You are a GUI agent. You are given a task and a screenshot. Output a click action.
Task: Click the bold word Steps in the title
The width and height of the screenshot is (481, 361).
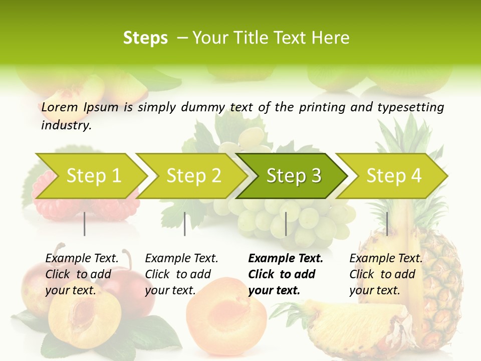click(x=145, y=38)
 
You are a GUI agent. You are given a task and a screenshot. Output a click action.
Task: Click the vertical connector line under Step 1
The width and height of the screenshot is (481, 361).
click(x=85, y=224)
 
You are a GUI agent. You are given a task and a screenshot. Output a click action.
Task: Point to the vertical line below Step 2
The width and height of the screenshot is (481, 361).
click(x=185, y=224)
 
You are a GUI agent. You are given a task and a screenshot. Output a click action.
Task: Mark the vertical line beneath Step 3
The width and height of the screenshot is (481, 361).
click(x=286, y=224)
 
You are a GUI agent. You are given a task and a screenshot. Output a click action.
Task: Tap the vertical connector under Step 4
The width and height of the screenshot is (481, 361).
click(x=387, y=224)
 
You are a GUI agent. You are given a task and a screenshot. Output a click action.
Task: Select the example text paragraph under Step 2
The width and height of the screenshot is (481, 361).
click(x=181, y=274)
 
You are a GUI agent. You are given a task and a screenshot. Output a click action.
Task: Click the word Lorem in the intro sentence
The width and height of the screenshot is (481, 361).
click(x=59, y=107)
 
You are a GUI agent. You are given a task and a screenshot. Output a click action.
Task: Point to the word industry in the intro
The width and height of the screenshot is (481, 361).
click(x=66, y=125)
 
